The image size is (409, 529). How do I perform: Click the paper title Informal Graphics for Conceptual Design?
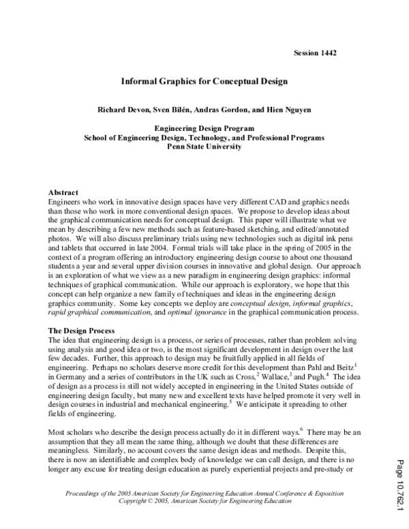pyautogui.click(x=204, y=80)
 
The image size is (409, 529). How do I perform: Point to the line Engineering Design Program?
pyautogui.click(x=204, y=128)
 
